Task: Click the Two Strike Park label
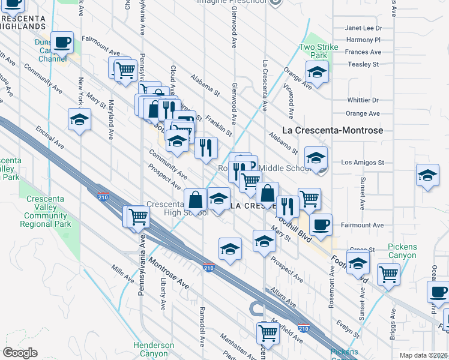pos(315,51)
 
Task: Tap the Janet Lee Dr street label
pos(364,28)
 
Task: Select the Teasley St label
pos(364,64)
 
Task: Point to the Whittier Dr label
pos(363,100)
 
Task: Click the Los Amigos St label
pos(362,163)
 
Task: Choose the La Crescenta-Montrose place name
pos(333,130)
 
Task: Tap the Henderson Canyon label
pos(154,349)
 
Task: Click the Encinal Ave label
pos(50,137)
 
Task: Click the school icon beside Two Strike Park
pos(316,72)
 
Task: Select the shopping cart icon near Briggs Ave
pos(389,274)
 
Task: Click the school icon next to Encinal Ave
pos(79,119)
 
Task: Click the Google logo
pos(20,353)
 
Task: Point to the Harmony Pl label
pos(364,40)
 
